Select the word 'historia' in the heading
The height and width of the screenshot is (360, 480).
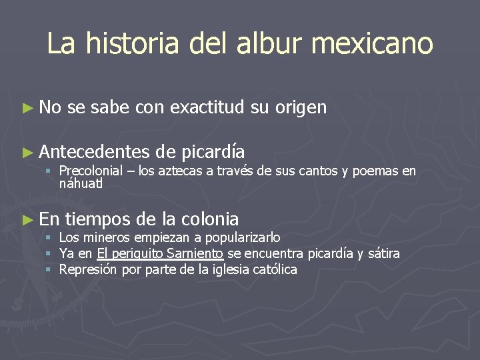(131, 44)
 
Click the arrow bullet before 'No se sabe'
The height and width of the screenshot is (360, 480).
(27, 107)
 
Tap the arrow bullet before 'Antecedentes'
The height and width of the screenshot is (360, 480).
(27, 152)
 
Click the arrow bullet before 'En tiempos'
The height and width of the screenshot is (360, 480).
(27, 219)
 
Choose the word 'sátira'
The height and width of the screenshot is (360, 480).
(383, 253)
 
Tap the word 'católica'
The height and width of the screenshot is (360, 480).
(275, 270)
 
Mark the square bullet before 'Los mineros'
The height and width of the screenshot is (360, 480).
(49, 238)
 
